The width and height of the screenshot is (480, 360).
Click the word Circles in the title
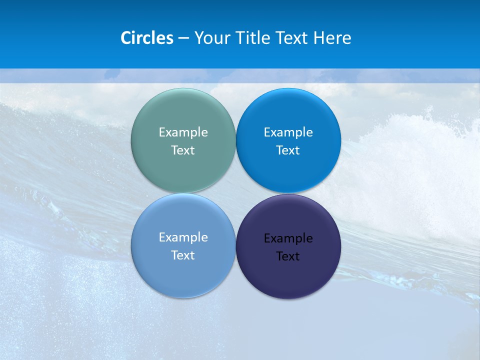[x=146, y=38]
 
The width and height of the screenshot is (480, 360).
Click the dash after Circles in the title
[x=183, y=38]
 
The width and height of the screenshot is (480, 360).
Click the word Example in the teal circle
[x=183, y=132]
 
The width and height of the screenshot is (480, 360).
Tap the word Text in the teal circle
[x=183, y=150]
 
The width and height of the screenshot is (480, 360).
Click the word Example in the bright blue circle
[x=288, y=132]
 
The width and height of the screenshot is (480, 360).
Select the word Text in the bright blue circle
[x=288, y=150]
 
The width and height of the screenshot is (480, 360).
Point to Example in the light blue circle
[x=183, y=237]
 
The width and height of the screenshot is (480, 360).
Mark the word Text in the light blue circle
[x=183, y=255]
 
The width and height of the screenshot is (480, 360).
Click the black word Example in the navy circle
[x=288, y=238]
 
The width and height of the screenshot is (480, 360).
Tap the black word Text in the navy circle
[x=288, y=256]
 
